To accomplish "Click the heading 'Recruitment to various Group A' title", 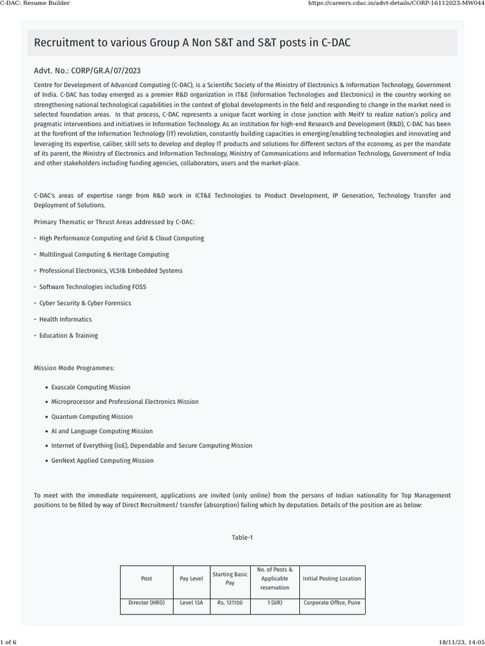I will tap(192, 43).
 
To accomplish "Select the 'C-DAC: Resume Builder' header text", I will tap(35, 3).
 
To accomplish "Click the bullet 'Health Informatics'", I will tap(65, 319).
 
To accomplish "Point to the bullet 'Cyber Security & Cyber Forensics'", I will tap(85, 303).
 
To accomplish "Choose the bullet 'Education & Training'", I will tap(68, 336).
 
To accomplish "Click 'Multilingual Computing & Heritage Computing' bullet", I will tap(104, 254).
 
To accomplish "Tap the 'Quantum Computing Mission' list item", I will tap(92, 416).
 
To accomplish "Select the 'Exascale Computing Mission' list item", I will tap(91, 387).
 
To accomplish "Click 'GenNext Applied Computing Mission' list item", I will tap(102, 461).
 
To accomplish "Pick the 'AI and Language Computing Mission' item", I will tap(102, 431).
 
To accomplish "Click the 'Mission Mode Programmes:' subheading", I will tap(74, 368).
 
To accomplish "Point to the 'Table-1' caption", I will tap(242, 537).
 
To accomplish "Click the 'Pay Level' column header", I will tap(191, 578).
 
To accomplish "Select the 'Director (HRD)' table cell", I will tap(147, 603).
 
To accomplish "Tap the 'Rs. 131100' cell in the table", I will tap(230, 603).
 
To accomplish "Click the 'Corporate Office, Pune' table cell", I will tap(332, 603).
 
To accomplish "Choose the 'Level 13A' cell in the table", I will tap(191, 603).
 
